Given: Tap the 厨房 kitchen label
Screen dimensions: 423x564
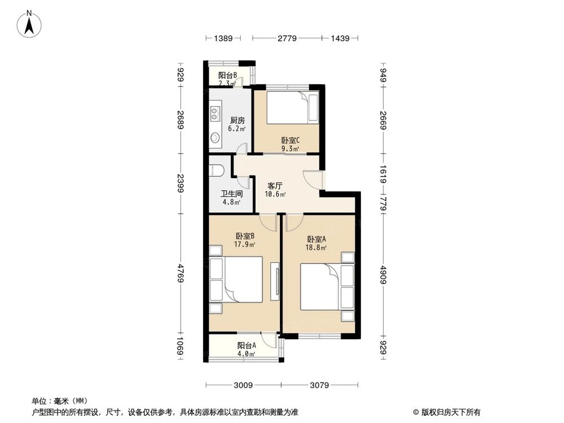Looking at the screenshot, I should click(x=237, y=120).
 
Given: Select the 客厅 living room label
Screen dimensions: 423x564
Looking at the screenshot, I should click(x=275, y=186).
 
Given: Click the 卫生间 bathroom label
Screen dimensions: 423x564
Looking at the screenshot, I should click(x=231, y=193).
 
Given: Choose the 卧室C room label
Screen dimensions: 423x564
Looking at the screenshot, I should click(x=290, y=140).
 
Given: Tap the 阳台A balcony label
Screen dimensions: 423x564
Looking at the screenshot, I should click(x=246, y=346).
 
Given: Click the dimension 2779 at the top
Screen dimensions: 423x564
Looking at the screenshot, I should click(x=287, y=38).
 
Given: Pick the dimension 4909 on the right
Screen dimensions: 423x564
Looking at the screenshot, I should click(x=384, y=275).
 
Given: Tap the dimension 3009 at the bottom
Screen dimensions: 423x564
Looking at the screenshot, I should click(x=243, y=386).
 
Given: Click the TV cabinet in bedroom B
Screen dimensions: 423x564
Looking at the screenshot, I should click(x=275, y=281).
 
